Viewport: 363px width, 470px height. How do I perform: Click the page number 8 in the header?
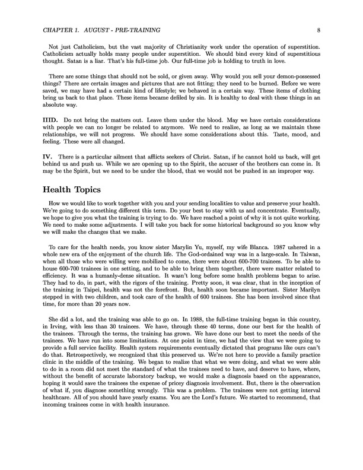[x=319, y=28]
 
